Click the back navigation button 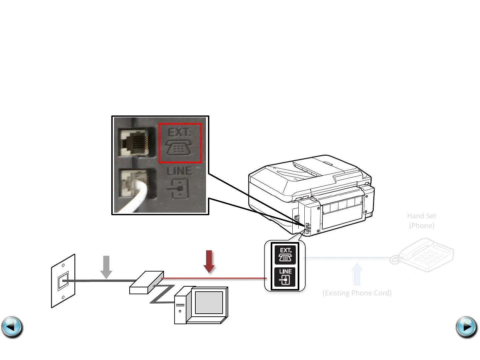12,327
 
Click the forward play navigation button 466,327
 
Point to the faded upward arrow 357,274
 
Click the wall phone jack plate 63,281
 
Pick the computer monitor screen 209,302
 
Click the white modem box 146,283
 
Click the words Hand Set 421,216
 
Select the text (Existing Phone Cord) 357,293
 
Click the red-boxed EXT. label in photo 180,143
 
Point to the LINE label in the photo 179,171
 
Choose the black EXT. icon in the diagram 285,255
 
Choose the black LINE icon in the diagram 285,277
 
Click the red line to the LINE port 213,278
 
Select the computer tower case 180,307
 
